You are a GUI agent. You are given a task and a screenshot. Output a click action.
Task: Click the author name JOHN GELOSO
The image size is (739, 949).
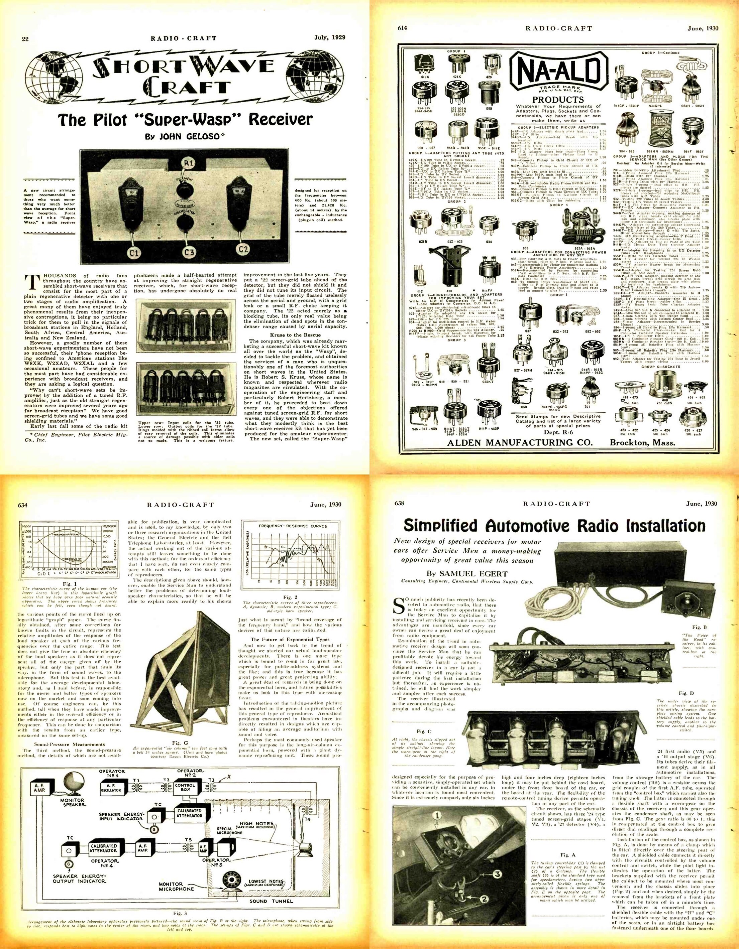[x=183, y=136]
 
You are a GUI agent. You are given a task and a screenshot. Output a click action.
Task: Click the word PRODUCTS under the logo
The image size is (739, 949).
[x=558, y=100]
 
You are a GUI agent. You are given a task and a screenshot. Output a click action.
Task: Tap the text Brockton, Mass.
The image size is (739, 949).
[x=642, y=443]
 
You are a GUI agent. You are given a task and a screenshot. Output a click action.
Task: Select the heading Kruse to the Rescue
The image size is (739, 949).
[x=295, y=335]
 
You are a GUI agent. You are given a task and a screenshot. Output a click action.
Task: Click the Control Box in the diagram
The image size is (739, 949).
[x=186, y=788]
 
